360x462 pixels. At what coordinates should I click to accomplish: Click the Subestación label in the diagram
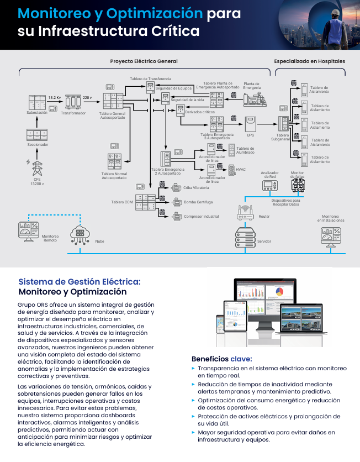pyautogui.click(x=37, y=112)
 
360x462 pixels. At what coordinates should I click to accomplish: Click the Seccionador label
pyautogui.click(x=38, y=144)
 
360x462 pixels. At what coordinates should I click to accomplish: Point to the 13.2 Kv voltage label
pyautogui.click(x=54, y=97)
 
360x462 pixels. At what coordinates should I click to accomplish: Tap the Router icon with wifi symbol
pyautogui.click(x=245, y=211)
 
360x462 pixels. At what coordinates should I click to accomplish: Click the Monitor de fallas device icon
pyautogui.click(x=298, y=187)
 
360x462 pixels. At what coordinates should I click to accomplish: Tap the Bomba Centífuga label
pyautogui.click(x=198, y=202)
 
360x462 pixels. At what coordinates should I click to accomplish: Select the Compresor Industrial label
pyautogui.click(x=202, y=217)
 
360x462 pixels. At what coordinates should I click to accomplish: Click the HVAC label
pyautogui.click(x=241, y=169)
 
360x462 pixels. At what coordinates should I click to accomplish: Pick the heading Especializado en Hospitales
pyautogui.click(x=310, y=61)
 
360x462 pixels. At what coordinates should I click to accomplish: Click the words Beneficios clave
pyautogui.click(x=221, y=358)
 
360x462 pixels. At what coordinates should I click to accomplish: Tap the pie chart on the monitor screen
pyautogui.click(x=279, y=291)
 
